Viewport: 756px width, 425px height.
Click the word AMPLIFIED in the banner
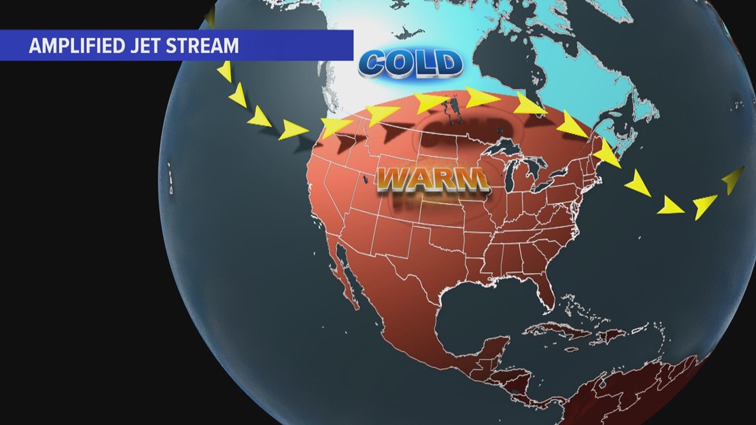pyautogui.click(x=74, y=46)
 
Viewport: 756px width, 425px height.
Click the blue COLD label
pyautogui.click(x=410, y=64)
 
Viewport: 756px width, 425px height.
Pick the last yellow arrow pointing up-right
pyautogui.click(x=733, y=178)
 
